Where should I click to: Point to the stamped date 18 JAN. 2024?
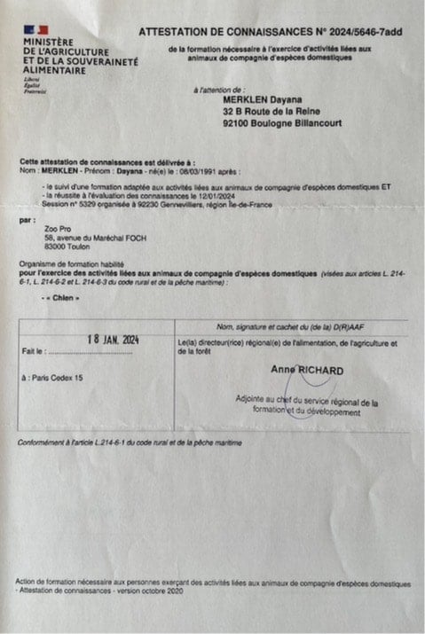(114, 340)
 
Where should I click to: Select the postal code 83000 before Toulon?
(56, 245)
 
